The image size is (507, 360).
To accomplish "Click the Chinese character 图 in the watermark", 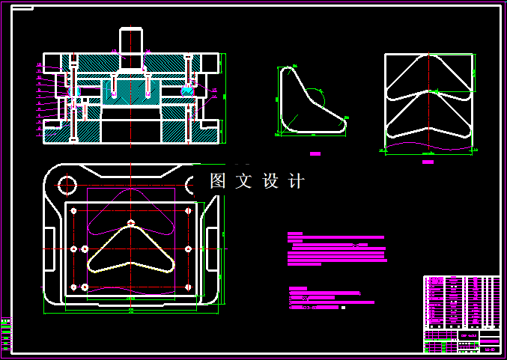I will [218, 181].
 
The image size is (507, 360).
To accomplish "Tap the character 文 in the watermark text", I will [244, 181].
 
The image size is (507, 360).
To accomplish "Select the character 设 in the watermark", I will [270, 181].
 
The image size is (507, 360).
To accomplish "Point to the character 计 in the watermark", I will [297, 181].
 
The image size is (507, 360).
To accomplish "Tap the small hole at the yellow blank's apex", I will [131, 222].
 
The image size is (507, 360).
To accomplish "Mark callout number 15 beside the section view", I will [214, 91].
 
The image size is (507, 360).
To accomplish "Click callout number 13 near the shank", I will [115, 51].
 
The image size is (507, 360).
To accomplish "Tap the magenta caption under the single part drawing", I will [315, 153].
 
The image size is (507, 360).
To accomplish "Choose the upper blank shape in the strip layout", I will [428, 77].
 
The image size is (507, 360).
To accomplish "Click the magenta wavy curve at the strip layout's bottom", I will [428, 145].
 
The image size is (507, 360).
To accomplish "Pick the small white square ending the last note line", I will [343, 308].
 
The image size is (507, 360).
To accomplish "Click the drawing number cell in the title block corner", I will [489, 348].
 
